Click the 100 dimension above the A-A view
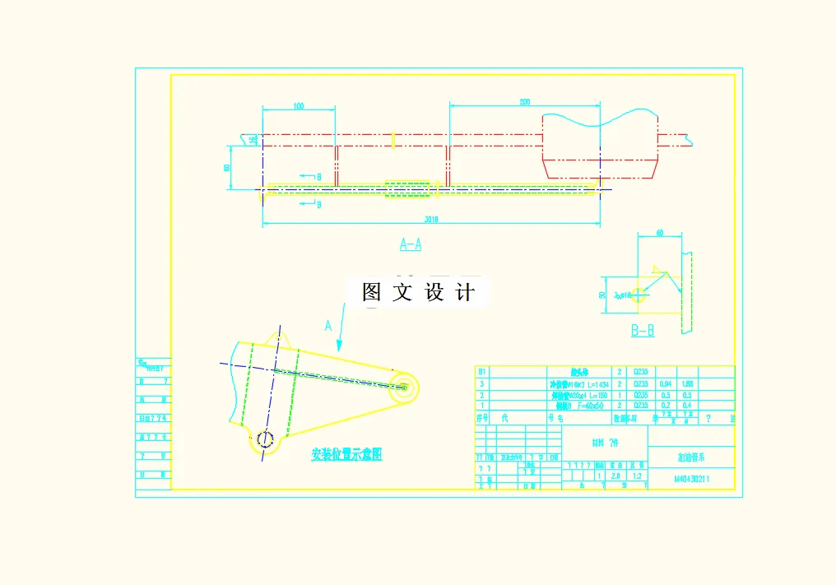(298, 106)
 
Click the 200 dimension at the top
(524, 102)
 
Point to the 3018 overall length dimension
(430, 220)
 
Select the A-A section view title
(411, 244)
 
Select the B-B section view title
(643, 331)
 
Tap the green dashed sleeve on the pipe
(408, 190)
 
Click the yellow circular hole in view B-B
(638, 296)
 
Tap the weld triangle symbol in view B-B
(657, 268)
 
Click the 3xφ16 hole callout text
(621, 294)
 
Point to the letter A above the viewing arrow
(328, 326)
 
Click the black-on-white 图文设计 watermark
(418, 292)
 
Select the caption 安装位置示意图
(346, 454)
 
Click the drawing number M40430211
(692, 478)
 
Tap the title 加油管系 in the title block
(690, 457)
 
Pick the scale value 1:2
(636, 476)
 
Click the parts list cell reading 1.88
(687, 383)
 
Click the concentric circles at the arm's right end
(404, 386)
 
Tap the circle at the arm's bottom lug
(263, 439)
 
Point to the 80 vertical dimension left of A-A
(227, 167)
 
